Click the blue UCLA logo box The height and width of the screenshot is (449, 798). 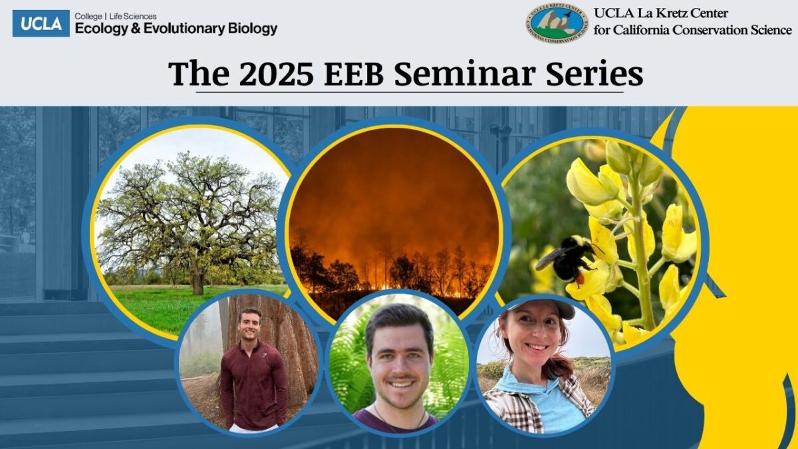[x=41, y=23]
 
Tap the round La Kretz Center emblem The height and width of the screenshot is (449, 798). [x=557, y=23]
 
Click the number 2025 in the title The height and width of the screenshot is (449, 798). [x=277, y=74]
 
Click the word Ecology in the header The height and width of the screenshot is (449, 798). [x=101, y=29]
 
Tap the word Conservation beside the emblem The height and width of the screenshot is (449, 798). [x=711, y=30]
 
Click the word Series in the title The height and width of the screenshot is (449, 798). [x=595, y=74]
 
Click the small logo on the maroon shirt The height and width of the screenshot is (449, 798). [x=264, y=355]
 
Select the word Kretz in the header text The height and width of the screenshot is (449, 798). [x=672, y=13]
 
